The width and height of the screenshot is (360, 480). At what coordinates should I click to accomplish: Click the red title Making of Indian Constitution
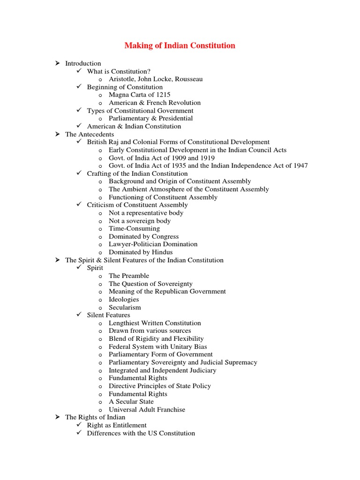click(x=180, y=45)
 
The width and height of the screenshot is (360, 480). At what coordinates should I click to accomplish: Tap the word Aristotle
click(x=123, y=79)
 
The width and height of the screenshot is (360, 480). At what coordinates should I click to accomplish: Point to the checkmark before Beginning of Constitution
click(x=79, y=87)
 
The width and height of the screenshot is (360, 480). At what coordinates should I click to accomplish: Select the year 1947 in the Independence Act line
click(x=299, y=165)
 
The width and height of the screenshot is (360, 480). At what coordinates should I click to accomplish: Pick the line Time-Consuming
click(x=134, y=228)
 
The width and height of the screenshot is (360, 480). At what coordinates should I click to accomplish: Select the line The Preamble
click(x=129, y=276)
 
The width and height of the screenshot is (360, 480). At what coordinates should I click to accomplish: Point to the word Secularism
click(x=125, y=307)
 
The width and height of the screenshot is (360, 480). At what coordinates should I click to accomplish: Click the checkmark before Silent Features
click(x=79, y=315)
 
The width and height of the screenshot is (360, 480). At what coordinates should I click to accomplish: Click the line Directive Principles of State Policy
click(x=160, y=386)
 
